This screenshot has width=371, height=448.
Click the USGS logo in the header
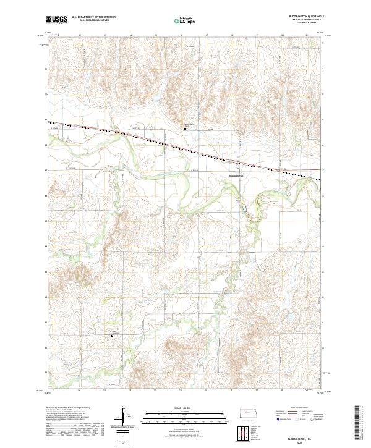coord(56,20)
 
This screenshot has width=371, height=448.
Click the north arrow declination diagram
coord(127,418)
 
